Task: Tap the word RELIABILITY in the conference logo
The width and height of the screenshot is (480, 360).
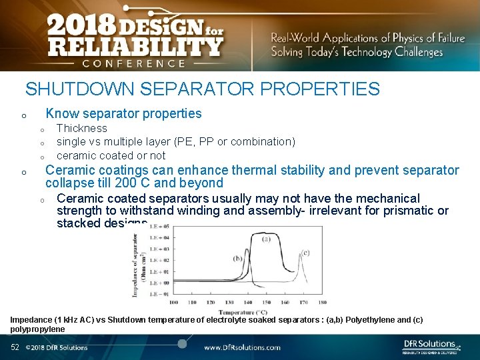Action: (x=135, y=46)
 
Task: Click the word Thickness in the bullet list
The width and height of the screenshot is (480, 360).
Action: (x=81, y=128)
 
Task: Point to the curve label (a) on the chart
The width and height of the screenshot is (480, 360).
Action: (x=265, y=239)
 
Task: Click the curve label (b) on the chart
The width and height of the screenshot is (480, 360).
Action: (x=237, y=258)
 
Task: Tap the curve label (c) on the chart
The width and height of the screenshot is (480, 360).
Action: (x=305, y=252)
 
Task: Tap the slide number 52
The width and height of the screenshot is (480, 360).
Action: (x=15, y=347)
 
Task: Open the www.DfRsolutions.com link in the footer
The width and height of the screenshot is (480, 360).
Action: (x=241, y=347)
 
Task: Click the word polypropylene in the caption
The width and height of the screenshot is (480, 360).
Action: (x=37, y=329)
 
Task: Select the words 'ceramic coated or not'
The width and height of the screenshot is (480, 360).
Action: (x=111, y=155)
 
